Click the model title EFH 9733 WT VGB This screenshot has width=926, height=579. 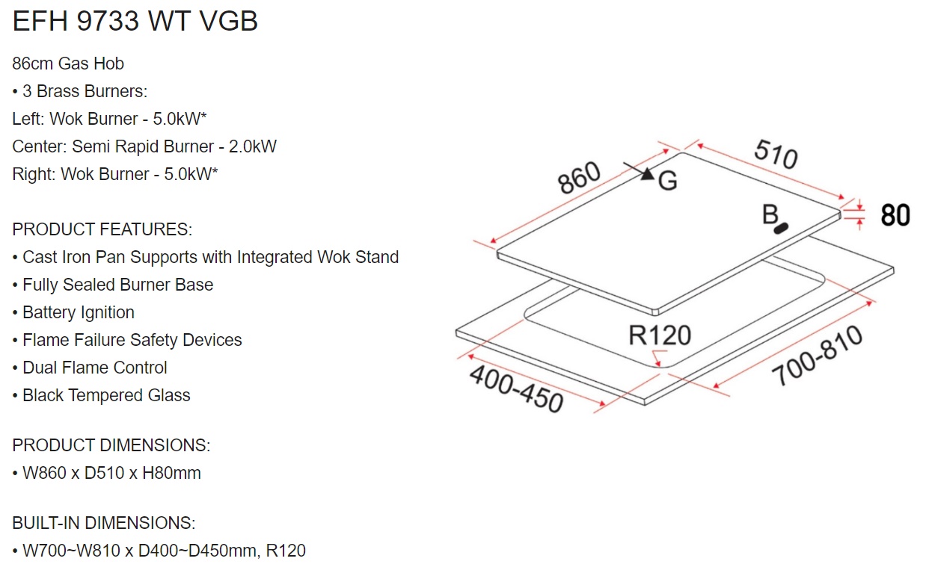coord(135,21)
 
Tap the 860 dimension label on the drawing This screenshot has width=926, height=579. coord(579,178)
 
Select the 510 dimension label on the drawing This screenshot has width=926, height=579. coord(776,154)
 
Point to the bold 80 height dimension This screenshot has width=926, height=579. coord(895,215)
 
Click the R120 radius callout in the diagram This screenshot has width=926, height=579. coord(660,335)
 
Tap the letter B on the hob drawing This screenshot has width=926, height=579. coord(770,214)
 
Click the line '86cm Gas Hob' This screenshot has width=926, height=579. coord(68,64)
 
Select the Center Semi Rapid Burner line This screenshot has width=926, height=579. coord(144,146)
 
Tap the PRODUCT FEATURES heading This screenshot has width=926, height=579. coord(102,229)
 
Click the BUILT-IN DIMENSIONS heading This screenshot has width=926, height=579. coord(103,523)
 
